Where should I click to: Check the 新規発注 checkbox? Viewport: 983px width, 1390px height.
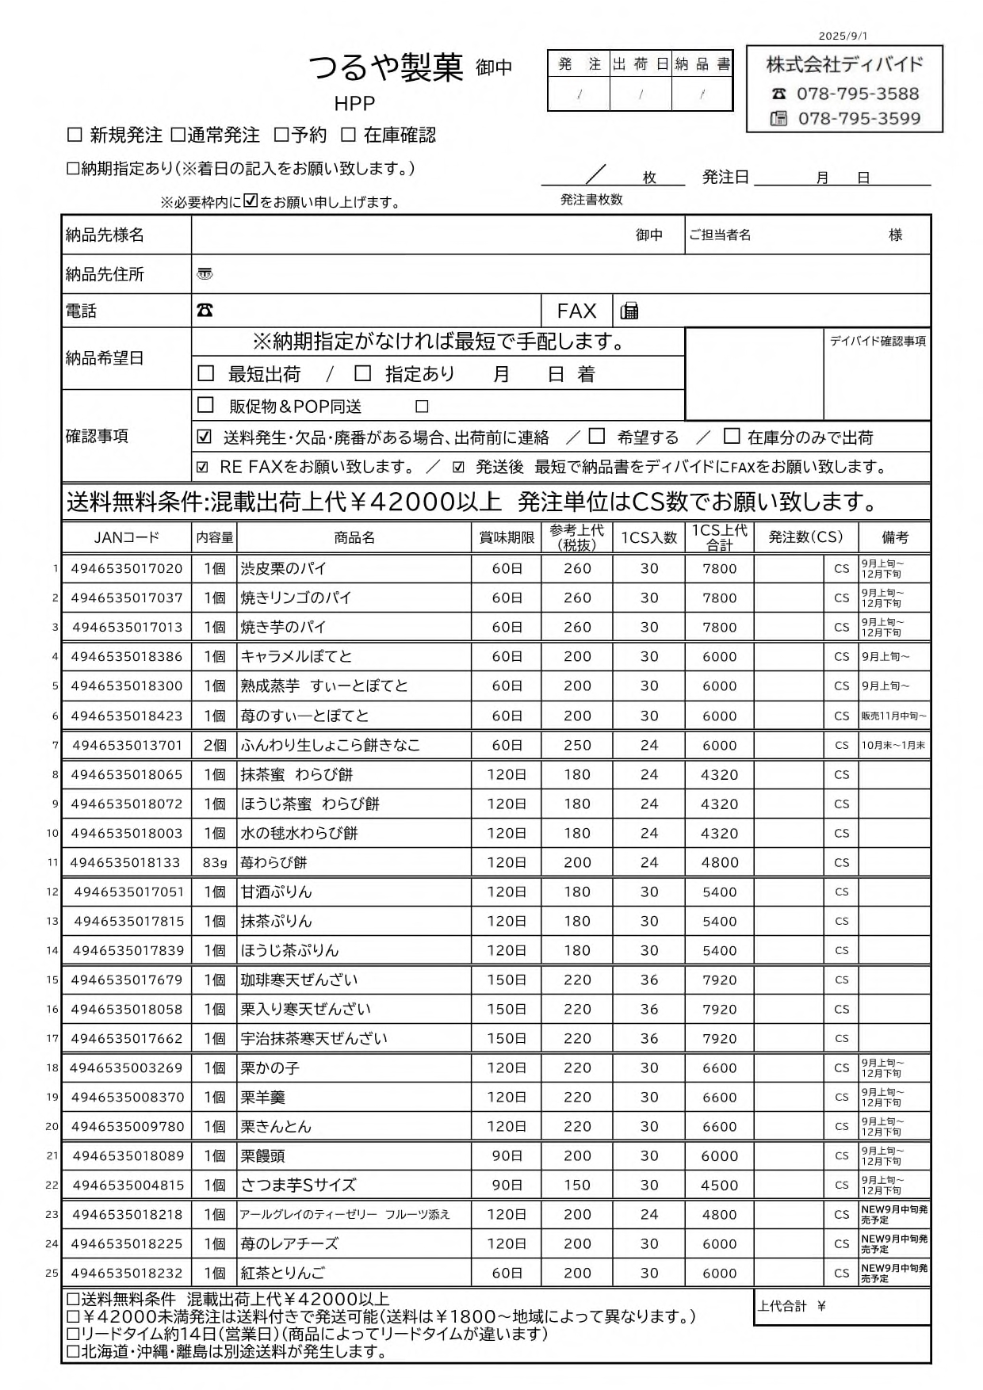(x=75, y=135)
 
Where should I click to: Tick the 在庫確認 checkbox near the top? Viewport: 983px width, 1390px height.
(x=348, y=135)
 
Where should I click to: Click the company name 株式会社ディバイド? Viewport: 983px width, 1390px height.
(x=844, y=65)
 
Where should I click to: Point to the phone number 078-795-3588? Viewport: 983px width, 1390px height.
(x=857, y=94)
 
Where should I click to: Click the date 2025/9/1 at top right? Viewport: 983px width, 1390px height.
(x=843, y=36)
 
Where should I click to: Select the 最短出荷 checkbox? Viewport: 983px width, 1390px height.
(x=206, y=373)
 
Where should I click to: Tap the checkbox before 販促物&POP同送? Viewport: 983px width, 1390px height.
(x=206, y=405)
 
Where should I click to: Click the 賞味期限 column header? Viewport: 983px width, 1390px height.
(x=507, y=537)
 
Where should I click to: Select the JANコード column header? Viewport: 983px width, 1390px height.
(x=126, y=537)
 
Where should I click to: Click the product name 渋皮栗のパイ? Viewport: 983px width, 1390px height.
(x=283, y=568)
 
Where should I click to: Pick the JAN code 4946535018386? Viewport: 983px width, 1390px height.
(x=126, y=656)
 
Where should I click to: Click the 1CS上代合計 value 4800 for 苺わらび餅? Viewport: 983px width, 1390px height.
(x=719, y=862)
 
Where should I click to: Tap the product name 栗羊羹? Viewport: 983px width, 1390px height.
(x=262, y=1097)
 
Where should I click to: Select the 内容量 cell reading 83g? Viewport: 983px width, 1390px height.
(x=214, y=862)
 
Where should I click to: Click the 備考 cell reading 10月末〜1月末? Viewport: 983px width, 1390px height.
(x=893, y=745)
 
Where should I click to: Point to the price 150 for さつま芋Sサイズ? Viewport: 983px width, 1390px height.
(x=577, y=1185)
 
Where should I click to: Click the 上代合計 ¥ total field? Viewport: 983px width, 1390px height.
(x=843, y=1306)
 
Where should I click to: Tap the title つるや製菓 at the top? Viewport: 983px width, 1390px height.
(x=385, y=68)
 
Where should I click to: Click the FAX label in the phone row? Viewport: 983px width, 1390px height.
(x=576, y=311)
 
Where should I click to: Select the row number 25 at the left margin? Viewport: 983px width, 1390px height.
(x=52, y=1273)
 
